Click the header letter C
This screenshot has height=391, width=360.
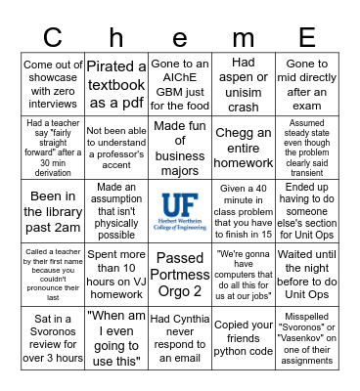click(x=53, y=37)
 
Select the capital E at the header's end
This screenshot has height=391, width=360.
click(x=307, y=37)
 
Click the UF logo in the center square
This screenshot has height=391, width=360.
click(x=180, y=212)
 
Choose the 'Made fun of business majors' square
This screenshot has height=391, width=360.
click(x=180, y=147)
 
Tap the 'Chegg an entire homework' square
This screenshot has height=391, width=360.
click(x=244, y=147)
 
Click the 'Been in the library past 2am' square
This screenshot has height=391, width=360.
click(x=53, y=212)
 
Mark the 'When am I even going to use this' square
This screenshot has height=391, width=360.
click(x=116, y=342)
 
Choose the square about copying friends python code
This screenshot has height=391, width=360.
click(x=244, y=342)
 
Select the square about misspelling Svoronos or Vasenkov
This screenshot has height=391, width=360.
click(x=307, y=342)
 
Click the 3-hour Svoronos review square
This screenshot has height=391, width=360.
click(x=53, y=342)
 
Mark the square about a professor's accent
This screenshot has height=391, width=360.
click(x=116, y=147)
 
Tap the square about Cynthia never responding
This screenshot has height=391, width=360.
click(x=180, y=342)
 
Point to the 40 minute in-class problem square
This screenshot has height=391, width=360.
click(x=244, y=212)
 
